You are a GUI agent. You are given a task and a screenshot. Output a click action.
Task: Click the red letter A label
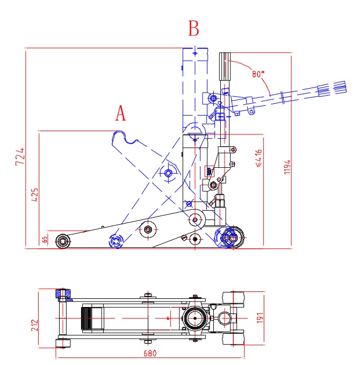click(121, 113)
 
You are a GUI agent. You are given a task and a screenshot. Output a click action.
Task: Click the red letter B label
click(193, 28)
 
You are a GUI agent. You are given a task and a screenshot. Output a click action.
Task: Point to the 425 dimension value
click(34, 194)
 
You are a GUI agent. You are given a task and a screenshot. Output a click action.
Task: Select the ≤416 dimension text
click(258, 159)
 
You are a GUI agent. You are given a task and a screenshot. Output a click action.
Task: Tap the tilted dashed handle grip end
click(331, 88)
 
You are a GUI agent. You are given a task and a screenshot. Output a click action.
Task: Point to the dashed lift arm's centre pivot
click(168, 172)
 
